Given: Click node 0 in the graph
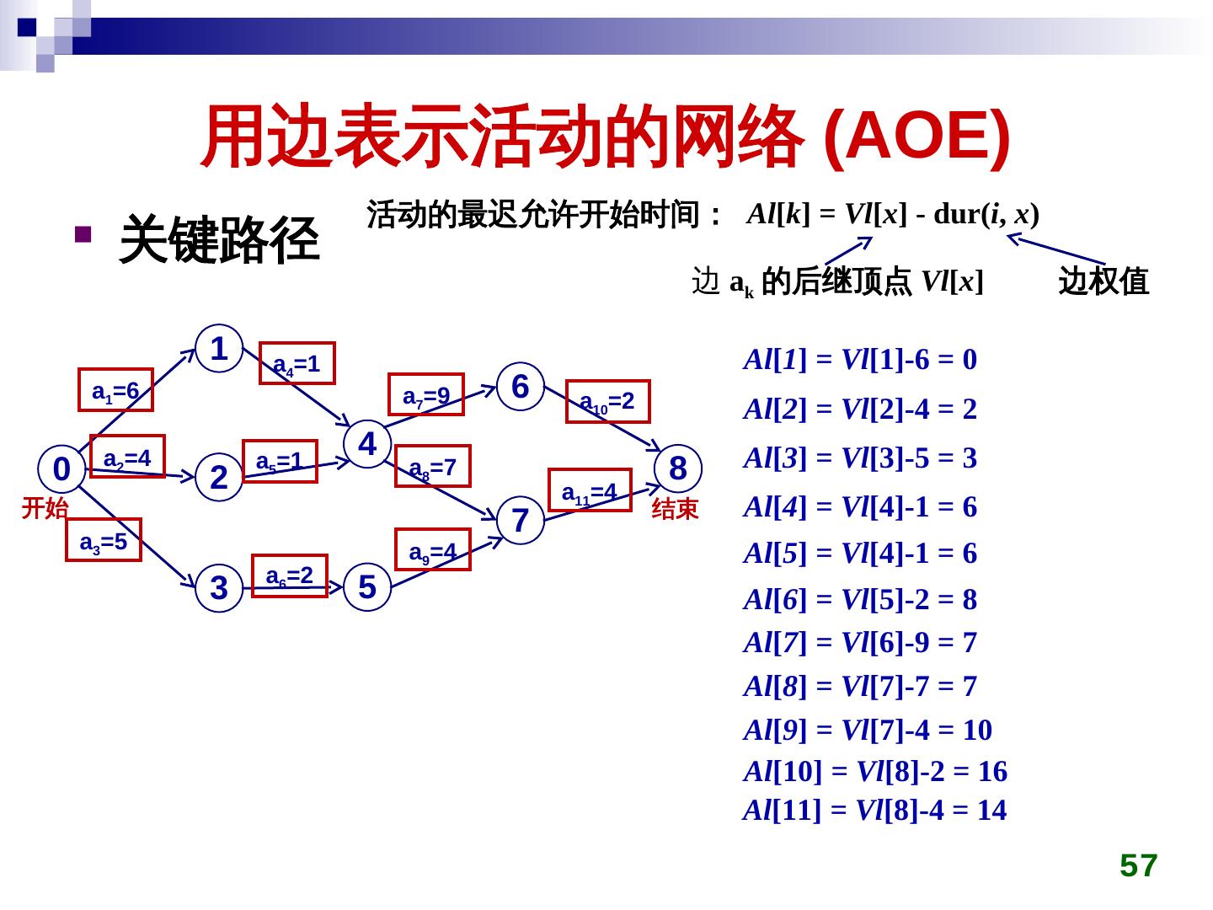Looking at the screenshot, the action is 61,468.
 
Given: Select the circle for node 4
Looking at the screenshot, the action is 367,442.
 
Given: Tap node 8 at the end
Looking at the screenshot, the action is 678,468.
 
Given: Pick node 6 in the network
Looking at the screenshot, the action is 521,386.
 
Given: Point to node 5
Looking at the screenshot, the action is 366,586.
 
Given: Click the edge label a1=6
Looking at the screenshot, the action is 115,390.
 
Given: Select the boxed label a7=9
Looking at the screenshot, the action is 426,395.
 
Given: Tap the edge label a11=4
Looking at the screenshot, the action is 590,490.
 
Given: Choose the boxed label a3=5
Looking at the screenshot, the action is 104,540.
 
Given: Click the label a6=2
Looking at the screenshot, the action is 290,575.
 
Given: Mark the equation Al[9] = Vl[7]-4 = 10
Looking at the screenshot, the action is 868,730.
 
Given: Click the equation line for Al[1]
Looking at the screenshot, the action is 860,361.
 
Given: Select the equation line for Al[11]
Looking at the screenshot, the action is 874,811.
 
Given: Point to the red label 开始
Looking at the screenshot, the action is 45,507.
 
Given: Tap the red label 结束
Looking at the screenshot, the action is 676,508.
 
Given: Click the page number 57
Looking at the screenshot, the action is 1138,865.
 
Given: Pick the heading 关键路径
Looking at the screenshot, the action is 220,239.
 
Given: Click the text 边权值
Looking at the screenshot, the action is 1103,281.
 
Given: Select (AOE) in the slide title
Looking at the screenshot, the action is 916,136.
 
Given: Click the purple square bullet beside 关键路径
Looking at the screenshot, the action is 82,235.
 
